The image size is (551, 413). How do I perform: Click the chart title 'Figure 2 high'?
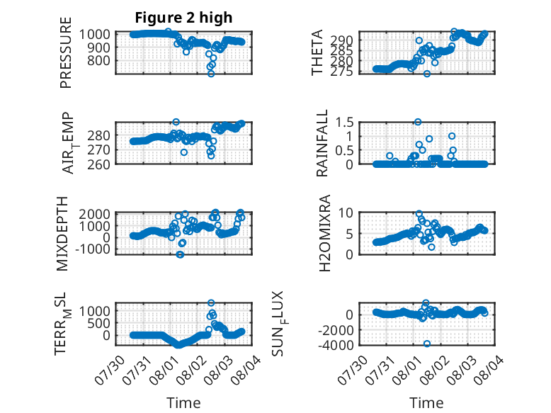pyautogui.click(x=183, y=18)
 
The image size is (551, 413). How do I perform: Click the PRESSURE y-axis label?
pyautogui.click(x=66, y=52)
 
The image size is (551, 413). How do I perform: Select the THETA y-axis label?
pyautogui.click(x=317, y=52)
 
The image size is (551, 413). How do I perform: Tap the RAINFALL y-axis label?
pyautogui.click(x=322, y=143)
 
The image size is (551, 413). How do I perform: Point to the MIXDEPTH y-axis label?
pyautogui.click(x=62, y=234)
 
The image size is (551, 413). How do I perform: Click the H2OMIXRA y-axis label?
pyautogui.click(x=325, y=233)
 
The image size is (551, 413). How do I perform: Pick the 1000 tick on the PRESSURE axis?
pyautogui.click(x=94, y=34)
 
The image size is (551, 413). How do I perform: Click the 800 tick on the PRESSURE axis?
pyautogui.click(x=98, y=60)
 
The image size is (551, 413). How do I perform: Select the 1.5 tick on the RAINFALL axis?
pyautogui.click(x=344, y=123)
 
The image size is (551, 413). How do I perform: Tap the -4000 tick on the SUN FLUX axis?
pyautogui.click(x=336, y=345)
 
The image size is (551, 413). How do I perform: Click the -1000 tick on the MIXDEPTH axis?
pyautogui.click(x=92, y=249)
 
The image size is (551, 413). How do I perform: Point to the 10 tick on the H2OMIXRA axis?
pyautogui.click(x=346, y=213)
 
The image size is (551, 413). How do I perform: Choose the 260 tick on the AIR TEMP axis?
pyautogui.click(x=98, y=164)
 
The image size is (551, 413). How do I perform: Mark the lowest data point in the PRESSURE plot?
pyautogui.click(x=211, y=74)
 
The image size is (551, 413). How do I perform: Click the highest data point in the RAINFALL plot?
pyautogui.click(x=418, y=122)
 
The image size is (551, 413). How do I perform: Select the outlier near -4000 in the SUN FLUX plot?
pyautogui.click(x=427, y=344)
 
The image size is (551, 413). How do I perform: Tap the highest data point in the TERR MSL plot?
pyautogui.click(x=211, y=302)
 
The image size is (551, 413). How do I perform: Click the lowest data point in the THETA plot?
pyautogui.click(x=427, y=74)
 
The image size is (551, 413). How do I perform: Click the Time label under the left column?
pyautogui.click(x=183, y=403)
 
